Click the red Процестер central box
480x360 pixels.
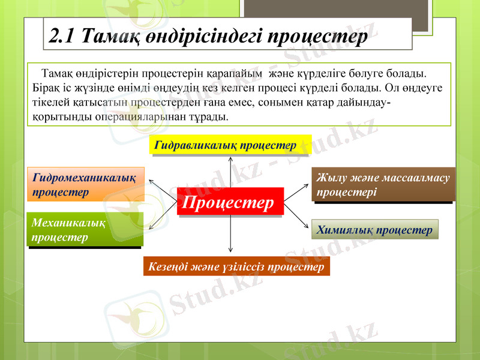click(230, 203)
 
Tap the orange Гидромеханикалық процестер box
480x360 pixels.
click(86, 184)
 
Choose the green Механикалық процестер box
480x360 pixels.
click(84, 230)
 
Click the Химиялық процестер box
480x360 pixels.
click(375, 230)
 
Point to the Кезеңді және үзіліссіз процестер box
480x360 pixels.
click(236, 266)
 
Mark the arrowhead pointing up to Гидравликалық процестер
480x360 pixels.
click(230, 160)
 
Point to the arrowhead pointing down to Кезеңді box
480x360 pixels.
click(230, 248)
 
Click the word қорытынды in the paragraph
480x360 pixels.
click(60, 116)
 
